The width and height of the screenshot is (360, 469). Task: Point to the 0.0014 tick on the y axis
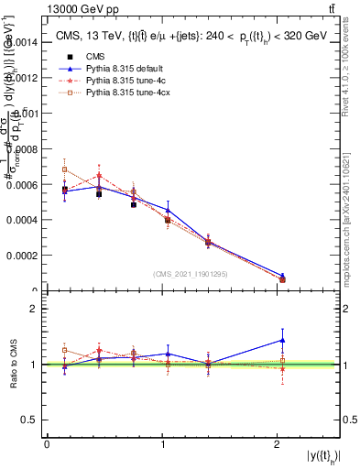pos(21,42)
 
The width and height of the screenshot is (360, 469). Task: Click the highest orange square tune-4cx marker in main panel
pos(64,169)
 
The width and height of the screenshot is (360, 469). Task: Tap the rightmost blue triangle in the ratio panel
pos(282,340)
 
